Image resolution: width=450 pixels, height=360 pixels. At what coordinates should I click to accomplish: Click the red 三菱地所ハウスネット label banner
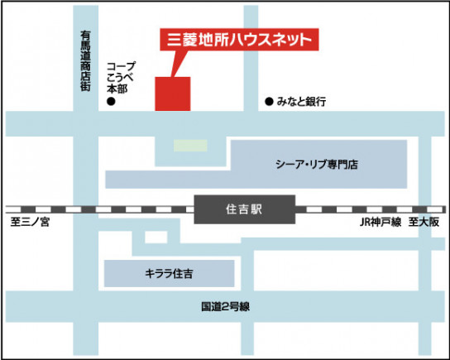coord(237,39)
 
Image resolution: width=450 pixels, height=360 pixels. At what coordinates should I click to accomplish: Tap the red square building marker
coord(173,93)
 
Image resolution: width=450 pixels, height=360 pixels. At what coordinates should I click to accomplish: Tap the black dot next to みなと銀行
coord(268,102)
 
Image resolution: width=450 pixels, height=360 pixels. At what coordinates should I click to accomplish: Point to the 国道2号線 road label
coord(225,306)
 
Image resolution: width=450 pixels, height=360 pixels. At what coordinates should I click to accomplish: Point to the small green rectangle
coord(190,144)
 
